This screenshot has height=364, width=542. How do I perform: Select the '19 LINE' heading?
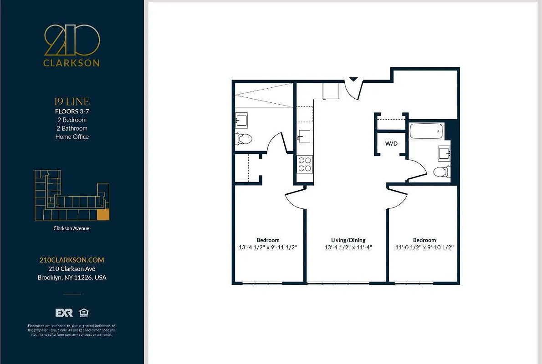pyautogui.click(x=72, y=101)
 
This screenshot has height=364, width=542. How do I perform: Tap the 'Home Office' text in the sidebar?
pyautogui.click(x=72, y=136)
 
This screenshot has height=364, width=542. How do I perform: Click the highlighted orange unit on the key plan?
pyautogui.click(x=104, y=215)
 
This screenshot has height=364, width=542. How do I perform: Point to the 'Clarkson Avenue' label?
pyautogui.click(x=72, y=228)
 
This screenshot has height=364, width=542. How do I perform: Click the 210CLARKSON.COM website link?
pyautogui.click(x=72, y=260)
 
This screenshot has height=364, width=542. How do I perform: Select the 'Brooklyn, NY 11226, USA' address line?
pyautogui.click(x=72, y=277)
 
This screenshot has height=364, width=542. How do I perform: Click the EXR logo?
pyautogui.click(x=64, y=313)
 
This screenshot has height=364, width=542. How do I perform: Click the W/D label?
pyautogui.click(x=391, y=143)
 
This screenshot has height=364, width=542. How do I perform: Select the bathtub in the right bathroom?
pyautogui.click(x=426, y=131)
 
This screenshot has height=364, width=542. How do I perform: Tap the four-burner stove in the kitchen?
pyautogui.click(x=304, y=164)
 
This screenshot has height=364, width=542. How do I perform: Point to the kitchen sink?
pyautogui.click(x=304, y=136)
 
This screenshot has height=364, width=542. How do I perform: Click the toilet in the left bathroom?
pyautogui.click(x=244, y=138)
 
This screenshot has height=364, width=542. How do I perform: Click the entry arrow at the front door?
pyautogui.click(x=353, y=80)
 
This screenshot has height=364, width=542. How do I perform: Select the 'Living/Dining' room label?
pyautogui.click(x=348, y=240)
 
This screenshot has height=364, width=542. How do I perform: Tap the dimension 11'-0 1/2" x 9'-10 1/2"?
pyautogui.click(x=424, y=248)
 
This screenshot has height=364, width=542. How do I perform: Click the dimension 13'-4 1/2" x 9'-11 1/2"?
pyautogui.click(x=268, y=248)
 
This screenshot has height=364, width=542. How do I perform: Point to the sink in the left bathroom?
pyautogui.click(x=241, y=120)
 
